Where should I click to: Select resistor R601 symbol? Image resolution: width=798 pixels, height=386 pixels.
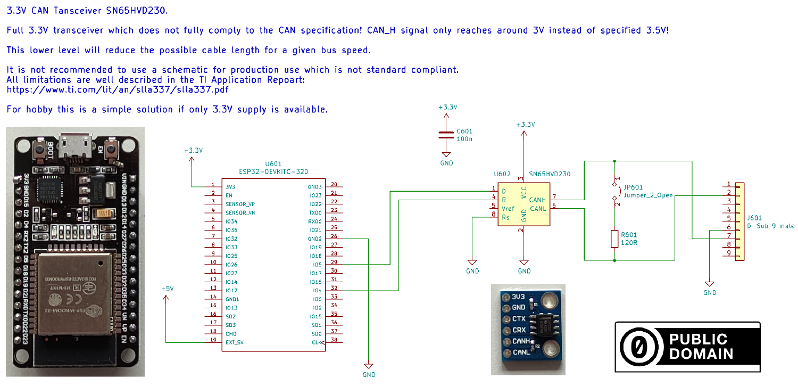point(614,239)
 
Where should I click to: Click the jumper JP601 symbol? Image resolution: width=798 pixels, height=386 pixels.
point(615,194)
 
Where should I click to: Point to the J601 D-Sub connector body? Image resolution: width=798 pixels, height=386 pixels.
point(739,221)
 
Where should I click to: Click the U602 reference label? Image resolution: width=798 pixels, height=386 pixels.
point(502,174)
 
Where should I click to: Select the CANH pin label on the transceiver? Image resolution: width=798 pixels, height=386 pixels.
point(537,200)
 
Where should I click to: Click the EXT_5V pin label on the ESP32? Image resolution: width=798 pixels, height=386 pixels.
point(235,342)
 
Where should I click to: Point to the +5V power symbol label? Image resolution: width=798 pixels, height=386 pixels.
point(167,289)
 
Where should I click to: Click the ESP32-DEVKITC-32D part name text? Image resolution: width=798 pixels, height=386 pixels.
point(273,171)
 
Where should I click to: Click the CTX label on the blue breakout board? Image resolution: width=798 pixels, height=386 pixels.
point(519,318)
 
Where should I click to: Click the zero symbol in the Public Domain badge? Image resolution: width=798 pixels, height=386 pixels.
point(638,347)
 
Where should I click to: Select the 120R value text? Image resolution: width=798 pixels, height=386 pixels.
point(629,243)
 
